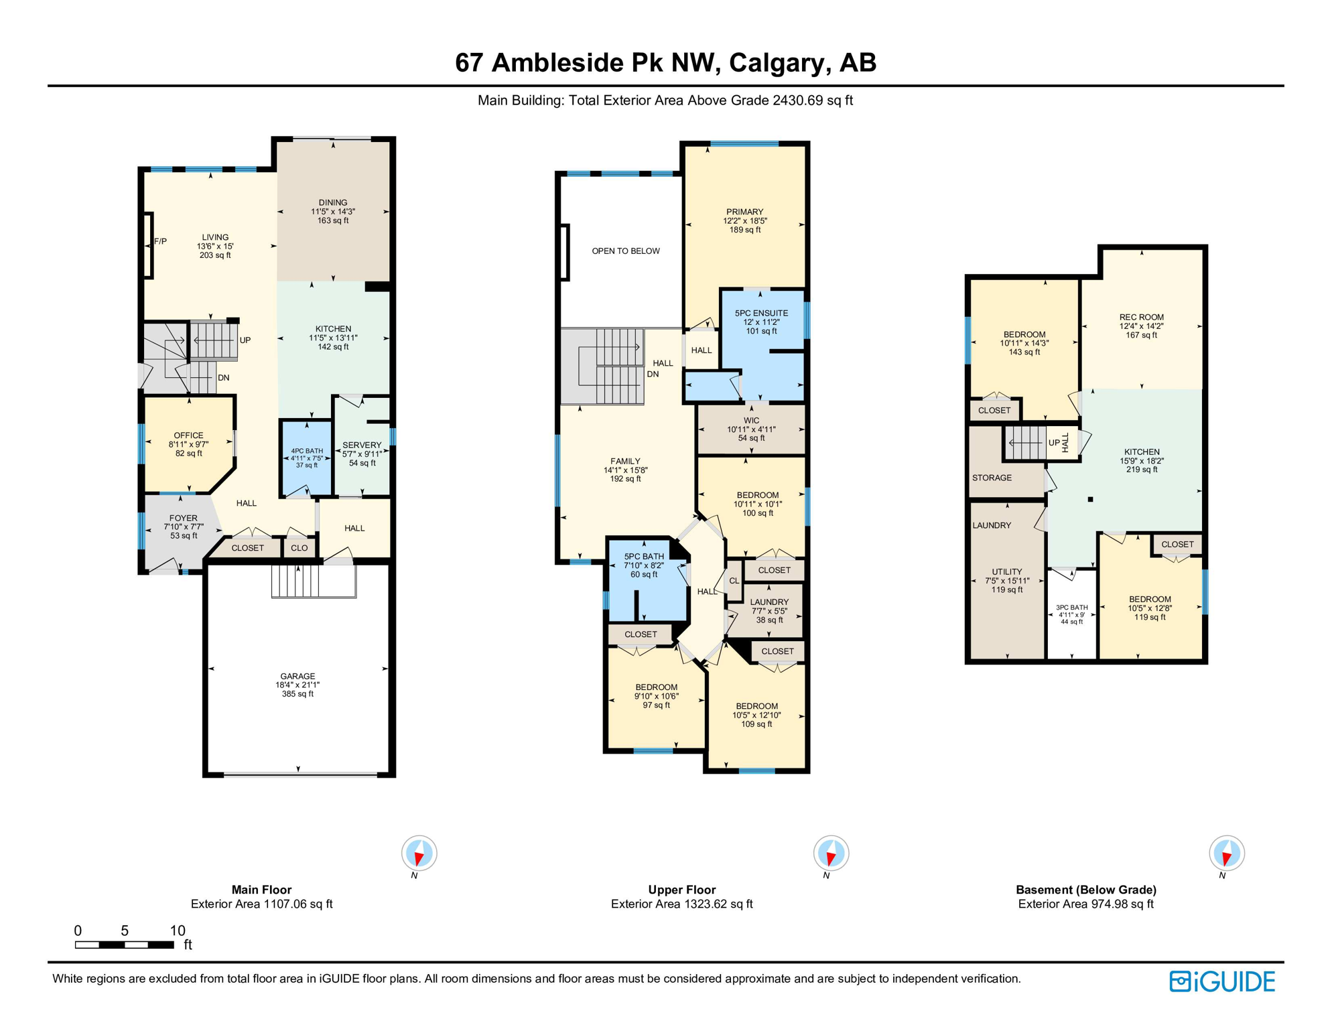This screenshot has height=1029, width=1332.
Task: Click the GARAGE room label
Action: (x=297, y=676)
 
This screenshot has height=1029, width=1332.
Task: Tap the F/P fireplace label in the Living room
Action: (x=160, y=241)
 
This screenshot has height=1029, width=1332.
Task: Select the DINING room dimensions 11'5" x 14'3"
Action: (x=333, y=212)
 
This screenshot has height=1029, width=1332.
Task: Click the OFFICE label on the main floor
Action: (x=188, y=435)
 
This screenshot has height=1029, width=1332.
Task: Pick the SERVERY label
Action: (x=362, y=445)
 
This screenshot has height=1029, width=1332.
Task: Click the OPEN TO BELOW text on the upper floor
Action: (x=626, y=251)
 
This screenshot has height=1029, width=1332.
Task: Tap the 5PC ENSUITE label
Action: (x=761, y=313)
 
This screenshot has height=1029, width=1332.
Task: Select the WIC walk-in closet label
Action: (x=751, y=421)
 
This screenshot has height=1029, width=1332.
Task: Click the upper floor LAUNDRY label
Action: (x=769, y=602)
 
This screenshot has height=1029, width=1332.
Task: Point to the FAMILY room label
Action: (x=625, y=461)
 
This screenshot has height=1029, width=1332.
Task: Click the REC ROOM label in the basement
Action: (x=1141, y=318)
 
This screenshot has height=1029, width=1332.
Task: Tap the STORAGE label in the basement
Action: (x=992, y=478)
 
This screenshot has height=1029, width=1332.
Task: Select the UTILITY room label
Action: (x=1007, y=572)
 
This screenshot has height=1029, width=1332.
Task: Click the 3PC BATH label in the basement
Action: (x=1072, y=608)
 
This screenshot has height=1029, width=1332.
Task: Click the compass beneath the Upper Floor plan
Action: (x=831, y=853)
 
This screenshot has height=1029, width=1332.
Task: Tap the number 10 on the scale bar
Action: (x=178, y=931)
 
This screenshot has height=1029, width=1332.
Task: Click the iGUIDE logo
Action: (x=1222, y=981)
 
